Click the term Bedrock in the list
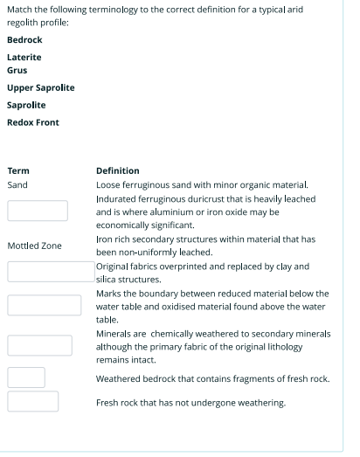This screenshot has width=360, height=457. coord(24,40)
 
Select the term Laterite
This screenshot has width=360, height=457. coord(24,57)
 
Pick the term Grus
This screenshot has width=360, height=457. coord(17,70)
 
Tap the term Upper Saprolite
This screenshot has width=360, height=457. coord(40,87)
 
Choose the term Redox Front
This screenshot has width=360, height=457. coord(33,122)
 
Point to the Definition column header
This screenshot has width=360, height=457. coord(117,170)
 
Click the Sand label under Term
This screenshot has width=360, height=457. coord(17,185)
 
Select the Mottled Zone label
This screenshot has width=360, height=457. coord(34,246)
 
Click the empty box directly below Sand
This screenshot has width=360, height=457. coord(38,211)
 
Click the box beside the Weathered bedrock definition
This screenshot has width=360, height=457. coord(26,377)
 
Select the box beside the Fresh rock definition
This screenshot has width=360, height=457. coord(33,401)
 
